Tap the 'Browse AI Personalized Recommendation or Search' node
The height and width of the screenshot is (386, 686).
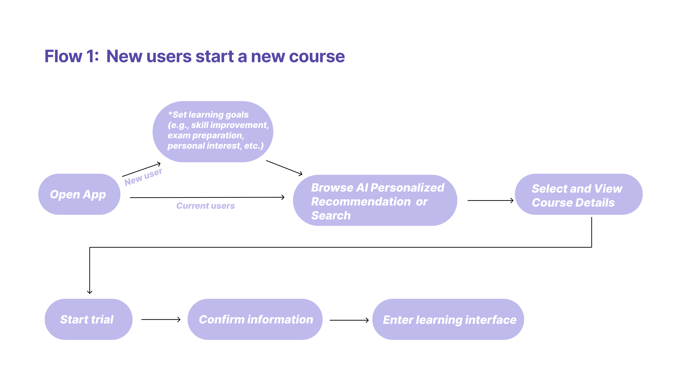[375, 200]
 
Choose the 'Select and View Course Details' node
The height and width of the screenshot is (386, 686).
[578, 194]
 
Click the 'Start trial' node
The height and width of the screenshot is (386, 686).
[88, 319]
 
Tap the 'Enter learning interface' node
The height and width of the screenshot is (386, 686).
[448, 319]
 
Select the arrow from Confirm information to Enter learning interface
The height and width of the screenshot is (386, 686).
[349, 320]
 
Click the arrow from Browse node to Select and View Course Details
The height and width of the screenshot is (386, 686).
[490, 200]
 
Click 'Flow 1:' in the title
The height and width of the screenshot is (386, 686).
[71, 56]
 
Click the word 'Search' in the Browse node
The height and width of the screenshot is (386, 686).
[331, 215]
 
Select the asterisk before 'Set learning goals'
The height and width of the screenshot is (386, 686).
[170, 114]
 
